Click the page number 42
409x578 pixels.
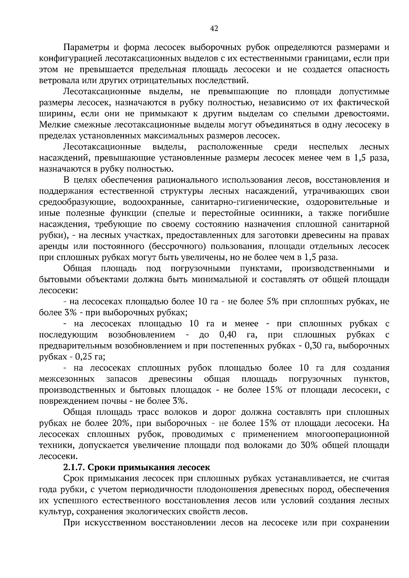pyautogui.click(x=214, y=29)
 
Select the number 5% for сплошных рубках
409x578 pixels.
pyautogui.click(x=274, y=302)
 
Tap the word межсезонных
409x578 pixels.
pyautogui.click(x=67, y=379)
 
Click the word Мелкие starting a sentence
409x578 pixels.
pyautogui.click(x=53, y=125)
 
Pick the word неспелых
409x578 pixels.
pyautogui.click(x=328, y=147)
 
